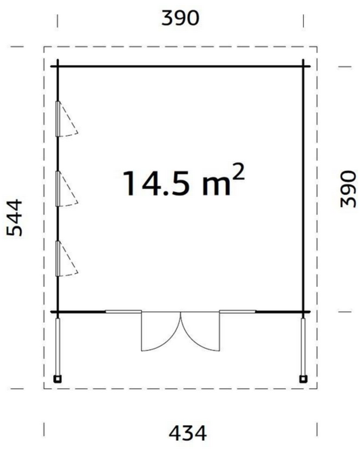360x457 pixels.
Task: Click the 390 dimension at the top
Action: coord(180,18)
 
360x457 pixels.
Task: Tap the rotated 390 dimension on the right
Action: coord(348,189)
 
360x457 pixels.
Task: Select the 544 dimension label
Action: coord(14,218)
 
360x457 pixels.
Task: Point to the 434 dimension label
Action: coord(188,433)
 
